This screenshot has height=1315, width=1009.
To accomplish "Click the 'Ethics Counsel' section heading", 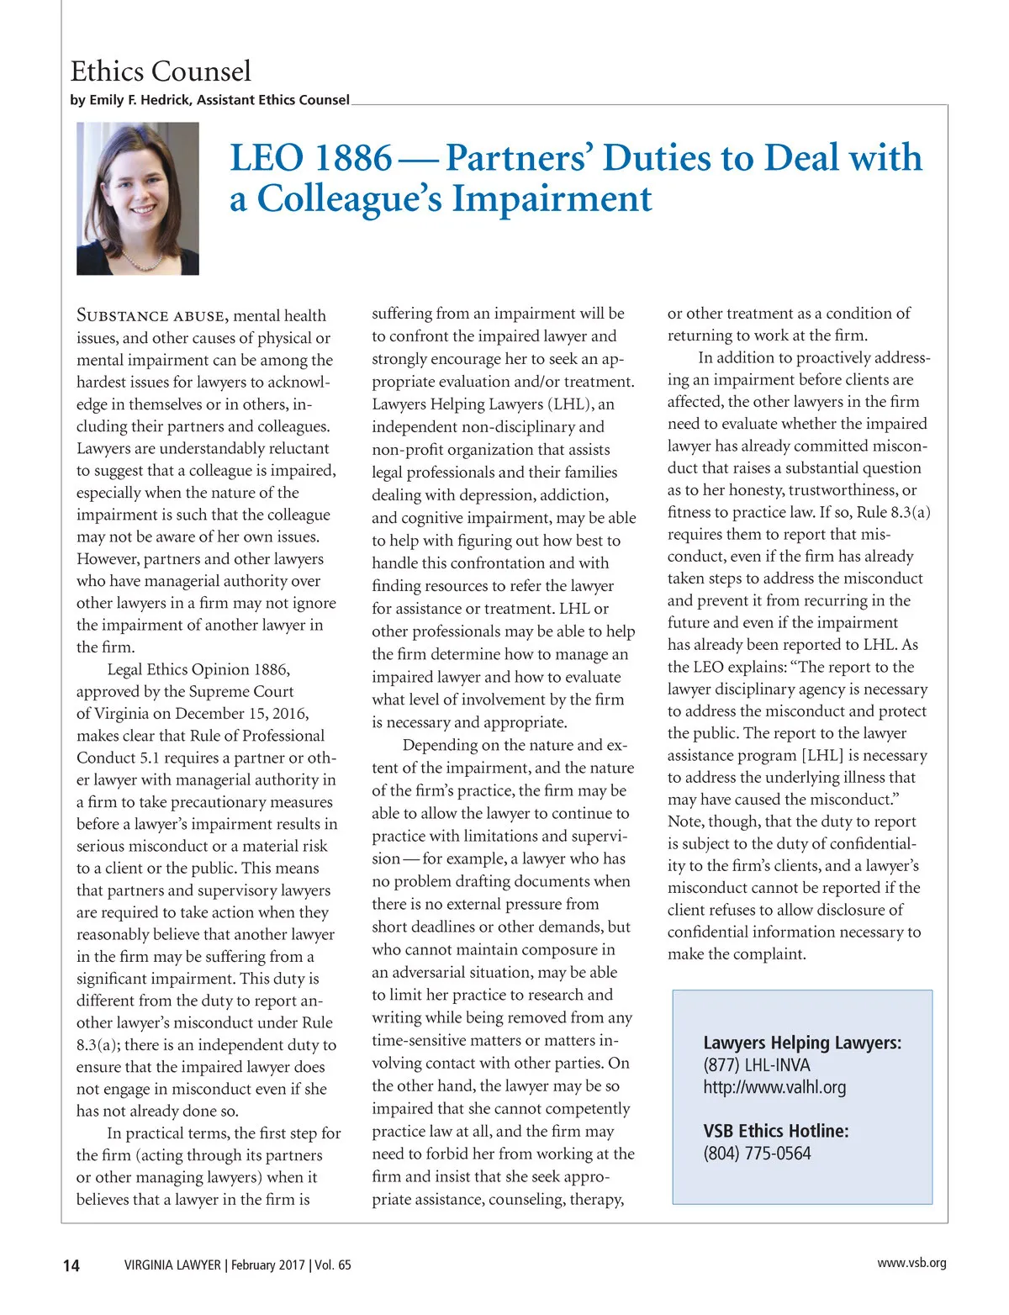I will pos(161,71).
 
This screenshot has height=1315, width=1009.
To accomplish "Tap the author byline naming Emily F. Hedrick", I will pos(209,100).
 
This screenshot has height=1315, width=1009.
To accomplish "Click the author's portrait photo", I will pos(138,198).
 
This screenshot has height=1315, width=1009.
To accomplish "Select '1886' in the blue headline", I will pos(352,158).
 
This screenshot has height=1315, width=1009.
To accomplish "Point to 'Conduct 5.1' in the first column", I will pos(117,758).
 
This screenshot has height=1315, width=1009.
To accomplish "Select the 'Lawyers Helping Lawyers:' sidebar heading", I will pos(802,1043).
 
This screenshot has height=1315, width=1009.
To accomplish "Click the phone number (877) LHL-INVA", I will pos(757,1065).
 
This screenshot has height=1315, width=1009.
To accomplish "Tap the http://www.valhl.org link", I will pos(774,1087).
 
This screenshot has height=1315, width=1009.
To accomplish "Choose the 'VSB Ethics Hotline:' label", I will pos(776,1132).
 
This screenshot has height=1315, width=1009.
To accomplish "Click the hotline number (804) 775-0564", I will pos(757,1154).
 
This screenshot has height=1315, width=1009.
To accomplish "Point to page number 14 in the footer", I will pos(71,1265).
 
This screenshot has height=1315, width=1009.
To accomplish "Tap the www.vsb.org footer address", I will pos(911,1263).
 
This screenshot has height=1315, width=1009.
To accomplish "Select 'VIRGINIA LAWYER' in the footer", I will pos(172,1265).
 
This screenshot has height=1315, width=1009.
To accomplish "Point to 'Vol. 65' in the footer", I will pos(333,1265).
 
